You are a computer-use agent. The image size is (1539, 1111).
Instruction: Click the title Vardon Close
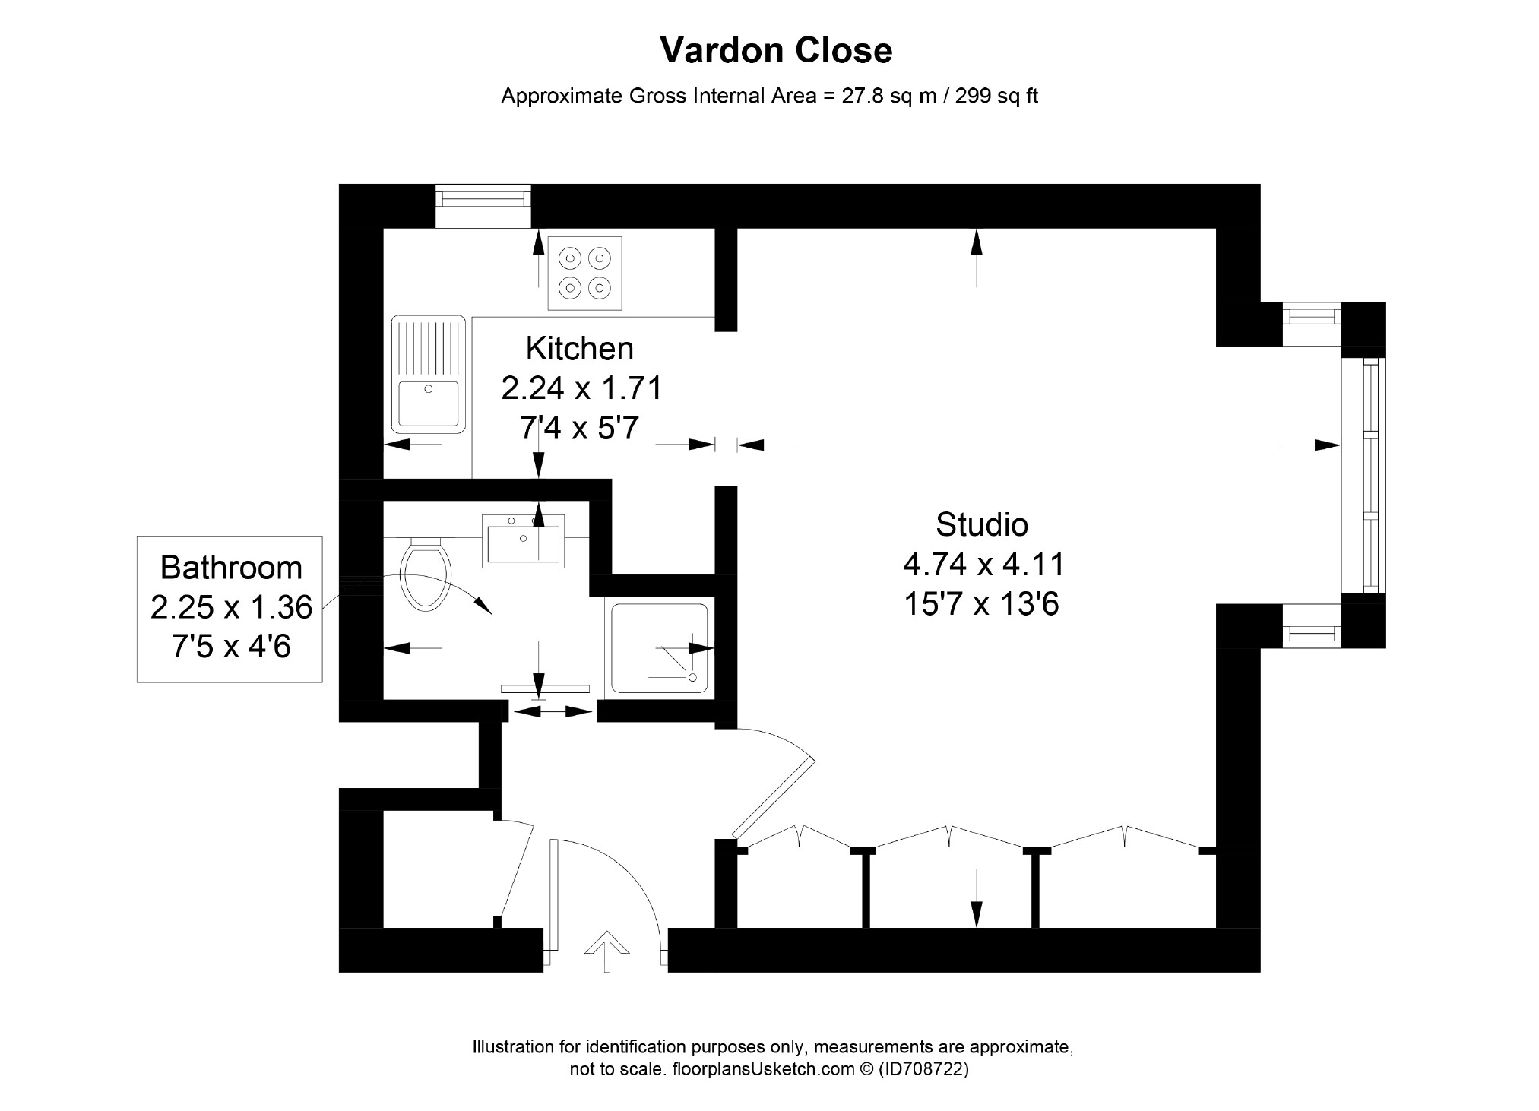pos(776,51)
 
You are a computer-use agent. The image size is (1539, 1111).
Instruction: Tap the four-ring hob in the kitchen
pos(585,273)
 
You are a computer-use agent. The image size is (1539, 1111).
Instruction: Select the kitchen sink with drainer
pos(428,375)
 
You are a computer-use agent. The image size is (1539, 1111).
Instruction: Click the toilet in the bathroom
pos(428,574)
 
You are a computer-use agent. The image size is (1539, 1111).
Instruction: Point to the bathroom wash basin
pos(524,541)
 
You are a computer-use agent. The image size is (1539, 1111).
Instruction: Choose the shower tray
pos(660,648)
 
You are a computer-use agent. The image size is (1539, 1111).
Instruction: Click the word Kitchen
pos(579,349)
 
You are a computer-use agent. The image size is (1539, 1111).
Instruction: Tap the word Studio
pos(982,524)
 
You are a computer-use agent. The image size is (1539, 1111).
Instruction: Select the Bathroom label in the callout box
pos(231,568)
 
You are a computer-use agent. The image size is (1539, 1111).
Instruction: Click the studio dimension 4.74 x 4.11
pos(984,565)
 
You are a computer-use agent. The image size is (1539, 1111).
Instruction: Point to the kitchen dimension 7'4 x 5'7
pos(579,429)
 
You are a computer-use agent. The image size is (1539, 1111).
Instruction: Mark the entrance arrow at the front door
pos(606,951)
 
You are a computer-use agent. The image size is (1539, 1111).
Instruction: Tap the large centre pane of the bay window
pos(1363,475)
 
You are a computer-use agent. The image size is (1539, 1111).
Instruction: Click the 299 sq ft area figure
pos(996,97)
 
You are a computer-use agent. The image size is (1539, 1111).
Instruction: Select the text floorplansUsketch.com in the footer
pos(765,1069)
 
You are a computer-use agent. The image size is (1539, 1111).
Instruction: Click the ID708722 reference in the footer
pos(923,1069)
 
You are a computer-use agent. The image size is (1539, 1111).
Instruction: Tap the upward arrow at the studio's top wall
pos(977,258)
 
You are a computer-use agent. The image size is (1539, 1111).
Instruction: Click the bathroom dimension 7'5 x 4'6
pos(231,647)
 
